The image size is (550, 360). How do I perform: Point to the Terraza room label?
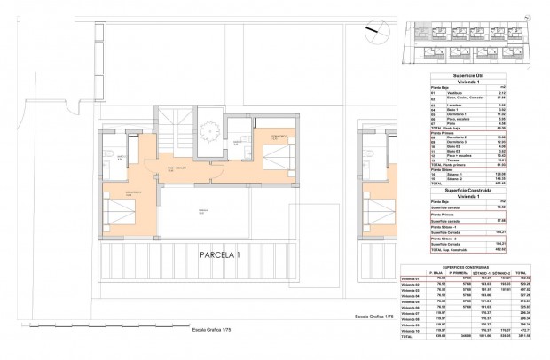coord(201,209)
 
